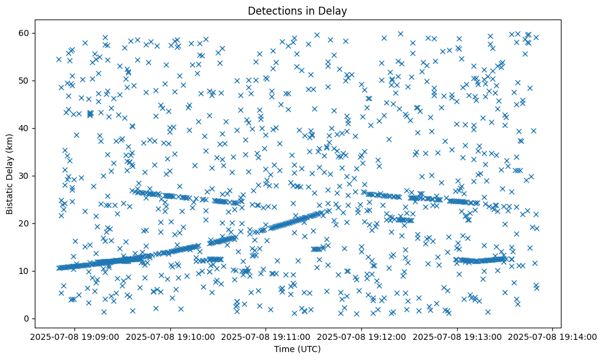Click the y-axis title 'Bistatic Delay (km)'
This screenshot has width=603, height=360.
pyautogui.click(x=10, y=174)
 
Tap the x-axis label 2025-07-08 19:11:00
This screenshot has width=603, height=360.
pyautogui.click(x=266, y=336)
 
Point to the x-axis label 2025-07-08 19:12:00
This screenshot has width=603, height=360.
pyautogui.click(x=362, y=336)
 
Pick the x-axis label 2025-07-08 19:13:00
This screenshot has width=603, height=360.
pyautogui.click(x=458, y=336)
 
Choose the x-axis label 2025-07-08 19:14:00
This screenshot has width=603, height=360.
pyautogui.click(x=554, y=336)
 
